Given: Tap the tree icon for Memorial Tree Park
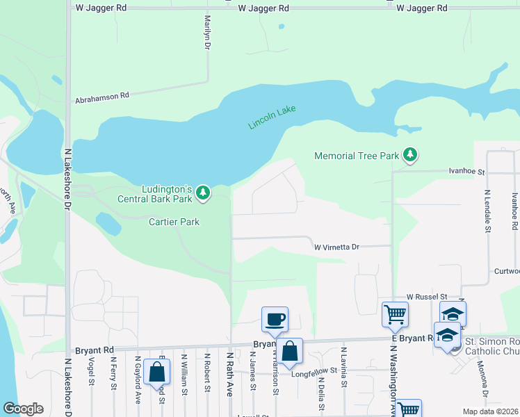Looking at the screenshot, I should (x=410, y=155).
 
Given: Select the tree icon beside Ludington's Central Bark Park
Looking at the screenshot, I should (x=202, y=192).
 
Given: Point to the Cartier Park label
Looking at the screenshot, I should (x=174, y=222).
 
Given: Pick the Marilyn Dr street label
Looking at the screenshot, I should (x=207, y=33).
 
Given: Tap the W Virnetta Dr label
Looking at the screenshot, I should (x=336, y=247).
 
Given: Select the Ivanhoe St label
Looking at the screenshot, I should (x=466, y=170).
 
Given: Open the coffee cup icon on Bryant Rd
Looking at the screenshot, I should (x=275, y=319).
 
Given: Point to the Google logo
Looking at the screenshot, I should (x=23, y=409).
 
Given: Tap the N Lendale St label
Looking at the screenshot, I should (x=487, y=211).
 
